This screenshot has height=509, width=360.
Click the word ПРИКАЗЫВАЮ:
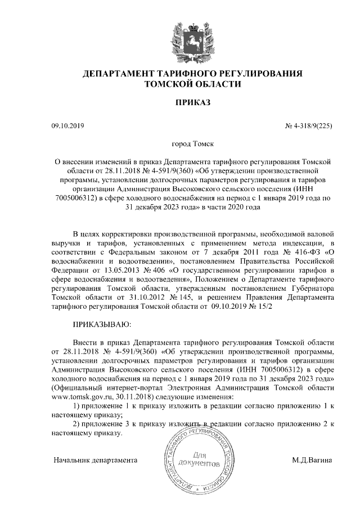103,325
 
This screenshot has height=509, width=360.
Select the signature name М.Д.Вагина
312,460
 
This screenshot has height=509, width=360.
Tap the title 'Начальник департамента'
96,460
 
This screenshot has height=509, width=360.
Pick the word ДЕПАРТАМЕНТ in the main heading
116,74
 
